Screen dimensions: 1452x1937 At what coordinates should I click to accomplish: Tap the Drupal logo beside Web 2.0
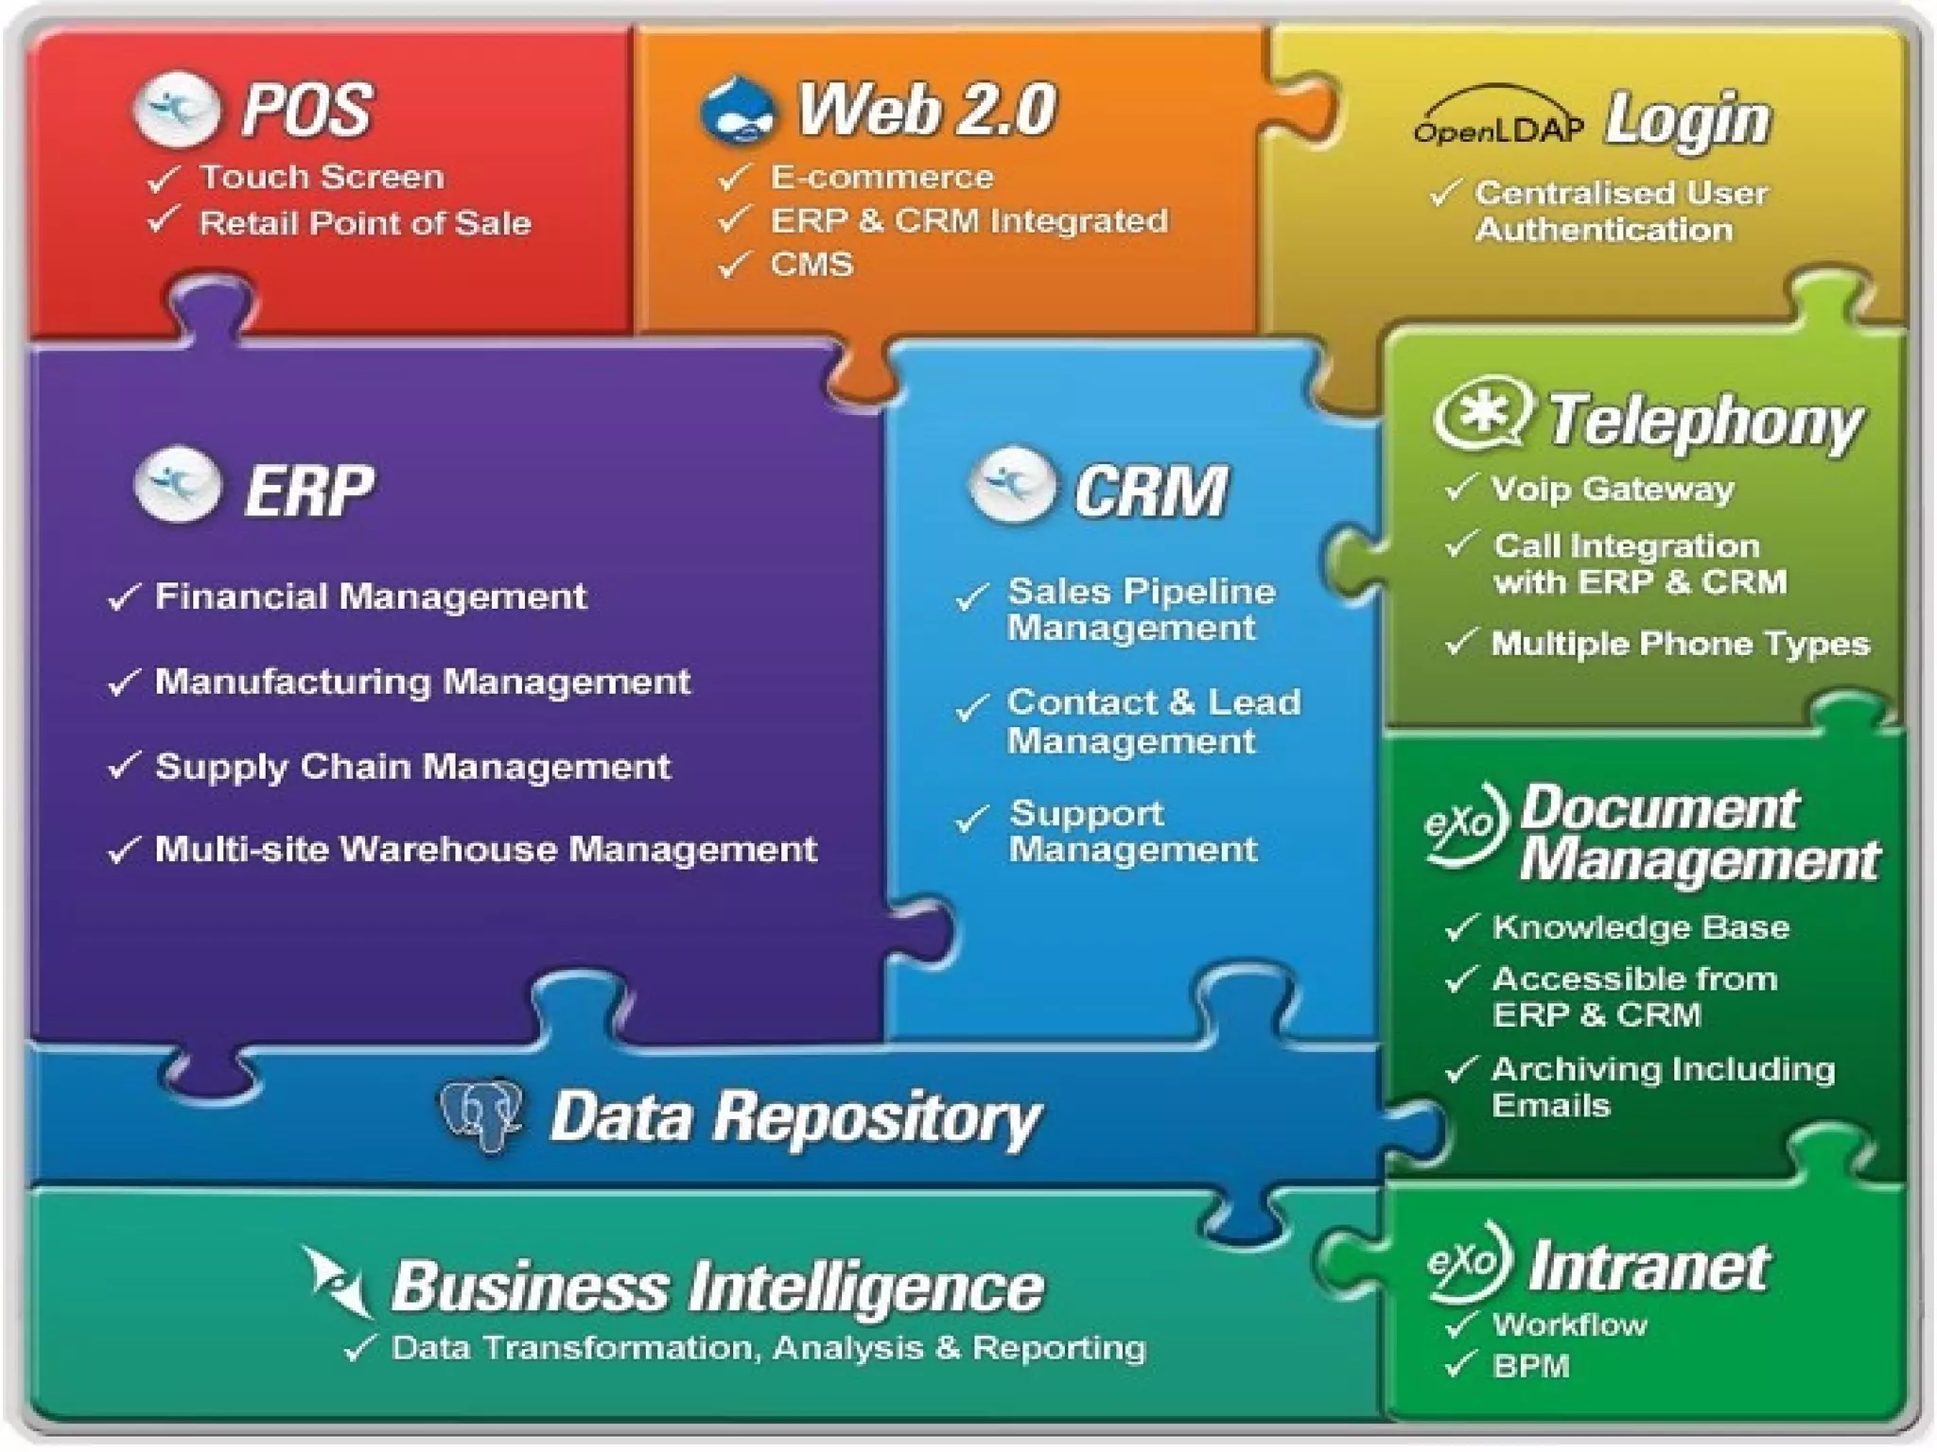click(x=738, y=112)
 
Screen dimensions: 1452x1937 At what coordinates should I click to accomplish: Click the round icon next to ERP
click(x=178, y=486)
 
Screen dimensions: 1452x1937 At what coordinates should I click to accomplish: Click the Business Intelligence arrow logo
click(x=337, y=1282)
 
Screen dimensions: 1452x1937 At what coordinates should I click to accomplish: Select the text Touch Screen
click(x=322, y=177)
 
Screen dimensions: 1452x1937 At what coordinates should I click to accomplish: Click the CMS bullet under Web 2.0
click(x=811, y=264)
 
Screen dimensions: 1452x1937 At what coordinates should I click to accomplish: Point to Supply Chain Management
click(x=412, y=766)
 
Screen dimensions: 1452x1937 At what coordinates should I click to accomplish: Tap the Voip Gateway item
click(x=1612, y=489)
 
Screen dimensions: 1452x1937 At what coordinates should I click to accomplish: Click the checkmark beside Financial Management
click(x=124, y=597)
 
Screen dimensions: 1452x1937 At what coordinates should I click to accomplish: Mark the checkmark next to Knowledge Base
click(x=1461, y=928)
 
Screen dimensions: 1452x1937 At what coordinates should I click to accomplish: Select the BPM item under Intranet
click(x=1530, y=1366)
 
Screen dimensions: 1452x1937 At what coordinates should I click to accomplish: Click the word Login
click(x=1687, y=121)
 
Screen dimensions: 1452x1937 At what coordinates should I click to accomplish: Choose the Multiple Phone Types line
click(x=1680, y=644)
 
